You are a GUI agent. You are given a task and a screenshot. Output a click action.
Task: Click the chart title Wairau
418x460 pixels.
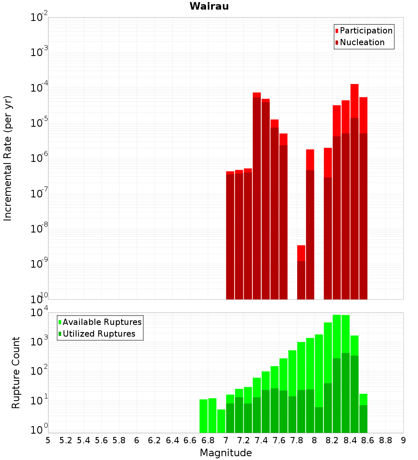[209, 6]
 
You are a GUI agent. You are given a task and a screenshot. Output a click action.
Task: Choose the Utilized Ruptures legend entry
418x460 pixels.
[99, 334]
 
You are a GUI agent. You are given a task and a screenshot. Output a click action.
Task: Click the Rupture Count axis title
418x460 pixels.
[16, 373]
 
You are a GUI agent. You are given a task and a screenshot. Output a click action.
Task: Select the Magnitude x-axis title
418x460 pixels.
[226, 453]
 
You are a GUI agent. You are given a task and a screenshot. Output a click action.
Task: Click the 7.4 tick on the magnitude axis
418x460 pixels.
[261, 440]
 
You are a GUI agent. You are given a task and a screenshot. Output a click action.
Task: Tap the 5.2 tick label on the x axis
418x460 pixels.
[66, 440]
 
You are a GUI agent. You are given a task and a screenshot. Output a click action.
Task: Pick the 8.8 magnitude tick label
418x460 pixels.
[385, 440]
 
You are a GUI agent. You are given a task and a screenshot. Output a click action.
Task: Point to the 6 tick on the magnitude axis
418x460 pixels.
[137, 440]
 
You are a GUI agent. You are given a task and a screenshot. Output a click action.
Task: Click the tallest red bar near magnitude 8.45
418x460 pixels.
[354, 188]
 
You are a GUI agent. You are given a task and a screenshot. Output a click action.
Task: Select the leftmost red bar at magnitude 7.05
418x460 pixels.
[230, 234]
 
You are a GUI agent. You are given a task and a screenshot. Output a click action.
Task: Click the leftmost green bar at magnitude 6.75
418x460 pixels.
[204, 416]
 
